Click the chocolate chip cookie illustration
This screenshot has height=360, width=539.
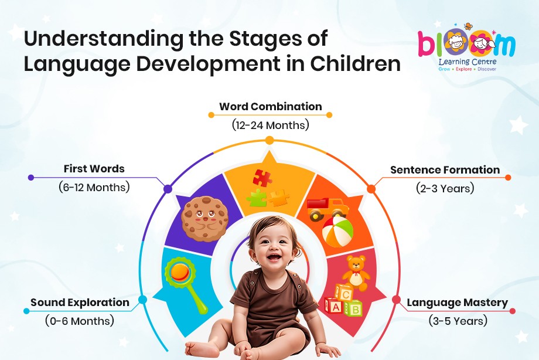[205, 219]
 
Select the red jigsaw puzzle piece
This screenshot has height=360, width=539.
[262, 178]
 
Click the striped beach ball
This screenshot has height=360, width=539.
[337, 231]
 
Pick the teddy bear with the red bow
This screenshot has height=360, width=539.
[356, 273]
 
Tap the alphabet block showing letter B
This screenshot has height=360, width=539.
[354, 308]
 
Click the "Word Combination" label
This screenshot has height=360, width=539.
[271, 106]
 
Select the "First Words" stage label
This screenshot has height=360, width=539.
[94, 169]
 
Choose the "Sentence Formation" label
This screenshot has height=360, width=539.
[445, 169]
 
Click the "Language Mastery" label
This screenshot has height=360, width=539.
[457, 303]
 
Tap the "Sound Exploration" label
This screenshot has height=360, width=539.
[80, 302]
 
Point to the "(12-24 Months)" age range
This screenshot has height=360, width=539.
[271, 124]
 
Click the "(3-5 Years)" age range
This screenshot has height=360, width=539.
[458, 321]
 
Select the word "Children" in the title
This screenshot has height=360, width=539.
[356, 63]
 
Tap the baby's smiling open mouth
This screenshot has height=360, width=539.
[273, 257]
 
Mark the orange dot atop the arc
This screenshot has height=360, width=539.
[269, 140]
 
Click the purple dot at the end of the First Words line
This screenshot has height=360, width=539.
[31, 178]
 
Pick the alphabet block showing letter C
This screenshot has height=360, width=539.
[344, 294]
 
